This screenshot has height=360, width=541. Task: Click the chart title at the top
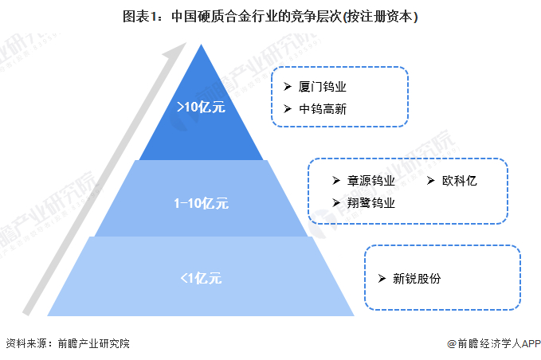[270, 14]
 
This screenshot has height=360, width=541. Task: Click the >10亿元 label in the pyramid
[201, 107]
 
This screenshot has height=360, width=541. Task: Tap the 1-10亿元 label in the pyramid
[201, 203]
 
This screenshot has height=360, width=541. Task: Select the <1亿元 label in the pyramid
[201, 278]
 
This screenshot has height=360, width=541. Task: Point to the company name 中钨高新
[323, 108]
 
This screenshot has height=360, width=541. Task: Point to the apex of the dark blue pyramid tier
[201, 46]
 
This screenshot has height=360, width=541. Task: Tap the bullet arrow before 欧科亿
[431, 181]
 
